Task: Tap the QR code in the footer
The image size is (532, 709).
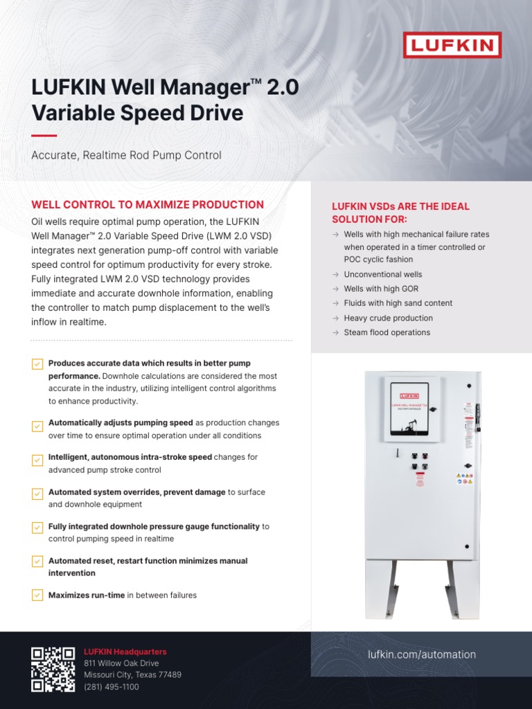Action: point(53,669)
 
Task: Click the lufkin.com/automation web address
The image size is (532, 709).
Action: point(422,654)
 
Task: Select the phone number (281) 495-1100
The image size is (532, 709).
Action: point(112,687)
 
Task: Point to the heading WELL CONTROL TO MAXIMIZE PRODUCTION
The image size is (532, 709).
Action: point(148,204)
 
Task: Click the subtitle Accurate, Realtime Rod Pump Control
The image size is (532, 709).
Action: point(127,155)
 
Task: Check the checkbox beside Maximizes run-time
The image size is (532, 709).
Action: point(37,595)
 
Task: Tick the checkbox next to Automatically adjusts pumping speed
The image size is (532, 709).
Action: point(37,426)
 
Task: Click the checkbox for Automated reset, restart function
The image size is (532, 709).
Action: point(37,562)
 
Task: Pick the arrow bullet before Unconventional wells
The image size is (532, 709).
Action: point(335,274)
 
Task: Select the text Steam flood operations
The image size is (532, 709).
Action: point(387,332)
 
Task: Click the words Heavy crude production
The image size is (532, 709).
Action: point(388,318)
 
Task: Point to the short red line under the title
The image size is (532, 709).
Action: point(44,136)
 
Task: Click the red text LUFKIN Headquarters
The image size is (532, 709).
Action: point(125,652)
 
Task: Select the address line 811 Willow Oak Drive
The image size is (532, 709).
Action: point(121,663)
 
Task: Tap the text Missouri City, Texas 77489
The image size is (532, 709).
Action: point(132,675)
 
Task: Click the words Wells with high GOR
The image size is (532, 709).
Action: point(381,289)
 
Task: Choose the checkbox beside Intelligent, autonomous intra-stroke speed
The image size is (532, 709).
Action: point(37,460)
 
